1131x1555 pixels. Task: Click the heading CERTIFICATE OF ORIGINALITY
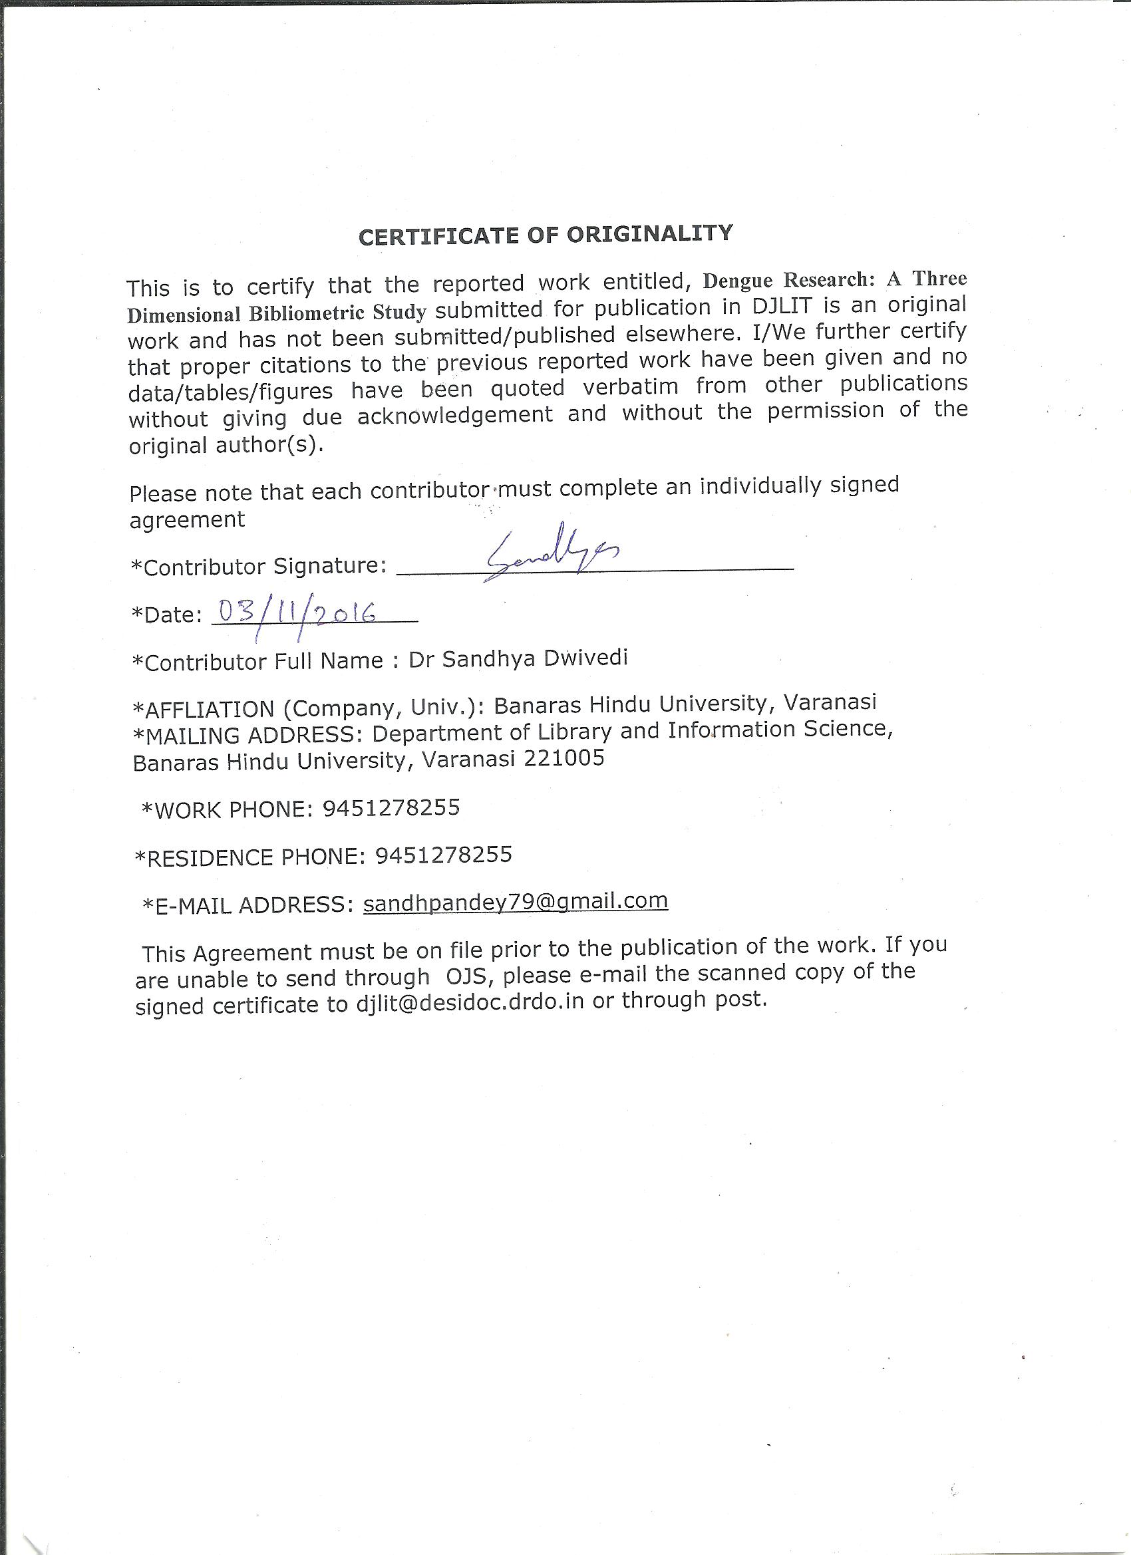546,235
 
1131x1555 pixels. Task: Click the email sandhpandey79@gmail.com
516,901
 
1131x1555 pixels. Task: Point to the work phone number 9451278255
391,807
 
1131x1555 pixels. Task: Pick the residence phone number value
444,854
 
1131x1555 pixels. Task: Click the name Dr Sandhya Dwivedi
518,659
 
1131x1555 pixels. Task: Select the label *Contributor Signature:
259,566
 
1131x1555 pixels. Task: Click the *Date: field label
167,615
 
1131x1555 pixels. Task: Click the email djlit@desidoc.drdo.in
470,1002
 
